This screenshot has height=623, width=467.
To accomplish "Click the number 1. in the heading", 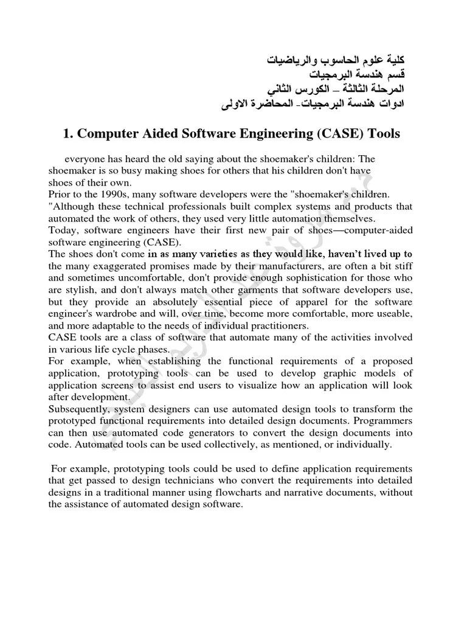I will [x=69, y=134].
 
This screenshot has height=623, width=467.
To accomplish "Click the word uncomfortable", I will [x=140, y=277].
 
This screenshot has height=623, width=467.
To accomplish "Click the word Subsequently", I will [x=76, y=409].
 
